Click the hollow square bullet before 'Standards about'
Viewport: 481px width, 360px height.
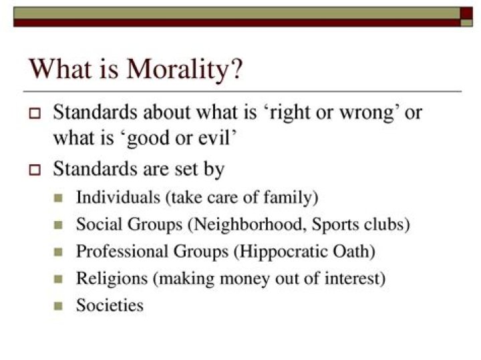pyautogui.click(x=35, y=113)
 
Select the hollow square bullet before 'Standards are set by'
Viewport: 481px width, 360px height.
pyautogui.click(x=35, y=170)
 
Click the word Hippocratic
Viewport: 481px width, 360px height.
pyautogui.click(x=292, y=252)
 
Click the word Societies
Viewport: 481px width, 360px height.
pyautogui.click(x=110, y=305)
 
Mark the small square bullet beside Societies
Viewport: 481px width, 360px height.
pyautogui.click(x=58, y=307)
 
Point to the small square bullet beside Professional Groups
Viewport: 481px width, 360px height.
pyautogui.click(x=58, y=252)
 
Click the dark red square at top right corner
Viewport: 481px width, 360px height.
pyautogui.click(x=467, y=13)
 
